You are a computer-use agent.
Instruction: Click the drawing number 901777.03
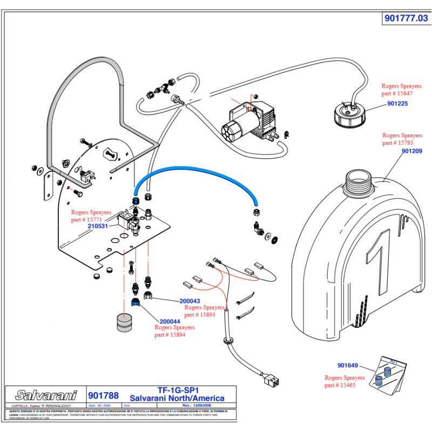(x=406, y=18)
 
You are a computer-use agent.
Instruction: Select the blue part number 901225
(x=397, y=104)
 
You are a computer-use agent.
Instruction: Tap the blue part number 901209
(x=412, y=151)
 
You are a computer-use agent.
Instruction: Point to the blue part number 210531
(x=98, y=226)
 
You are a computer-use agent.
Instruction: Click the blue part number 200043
(x=190, y=301)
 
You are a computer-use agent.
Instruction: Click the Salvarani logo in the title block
(x=45, y=395)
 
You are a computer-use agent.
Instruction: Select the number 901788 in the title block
(x=103, y=395)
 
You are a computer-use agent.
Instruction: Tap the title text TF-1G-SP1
(x=178, y=390)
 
